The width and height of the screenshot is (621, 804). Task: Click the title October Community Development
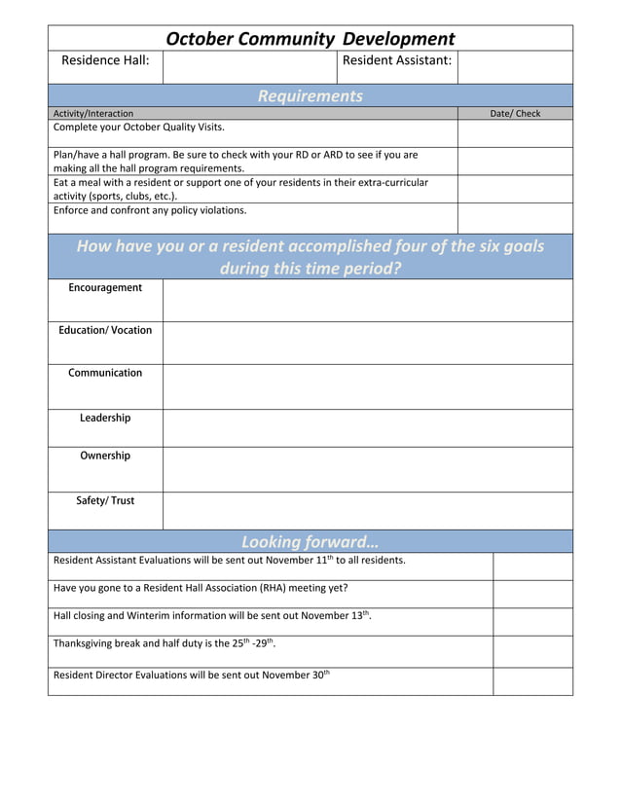coord(310,39)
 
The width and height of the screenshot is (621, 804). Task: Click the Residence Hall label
coord(105,61)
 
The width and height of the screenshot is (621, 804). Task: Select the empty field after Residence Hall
coord(249,66)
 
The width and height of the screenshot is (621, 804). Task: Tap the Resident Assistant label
coord(397,61)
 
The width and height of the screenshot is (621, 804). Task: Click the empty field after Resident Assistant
coord(514,66)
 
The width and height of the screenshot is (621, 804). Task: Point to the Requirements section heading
coord(310,95)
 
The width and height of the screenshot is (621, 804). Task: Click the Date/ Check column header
coord(514,114)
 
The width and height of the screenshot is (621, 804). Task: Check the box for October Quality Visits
coord(514,133)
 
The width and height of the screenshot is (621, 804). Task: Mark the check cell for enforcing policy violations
coord(514,218)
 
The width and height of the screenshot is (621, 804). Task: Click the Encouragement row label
coord(105,288)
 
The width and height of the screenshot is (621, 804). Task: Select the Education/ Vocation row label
coord(105,331)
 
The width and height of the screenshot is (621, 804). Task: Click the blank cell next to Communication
coord(367,386)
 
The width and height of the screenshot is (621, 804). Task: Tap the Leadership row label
coord(105,419)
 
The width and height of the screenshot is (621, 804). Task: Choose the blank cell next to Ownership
coord(367,469)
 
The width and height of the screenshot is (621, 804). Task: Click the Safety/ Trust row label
coord(105,501)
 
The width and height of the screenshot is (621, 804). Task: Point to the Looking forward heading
coord(310,542)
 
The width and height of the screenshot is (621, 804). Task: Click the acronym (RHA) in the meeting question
coord(280,588)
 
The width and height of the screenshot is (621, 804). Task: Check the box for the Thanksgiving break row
coord(531,651)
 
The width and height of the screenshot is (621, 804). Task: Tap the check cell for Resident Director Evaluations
coord(531,681)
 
